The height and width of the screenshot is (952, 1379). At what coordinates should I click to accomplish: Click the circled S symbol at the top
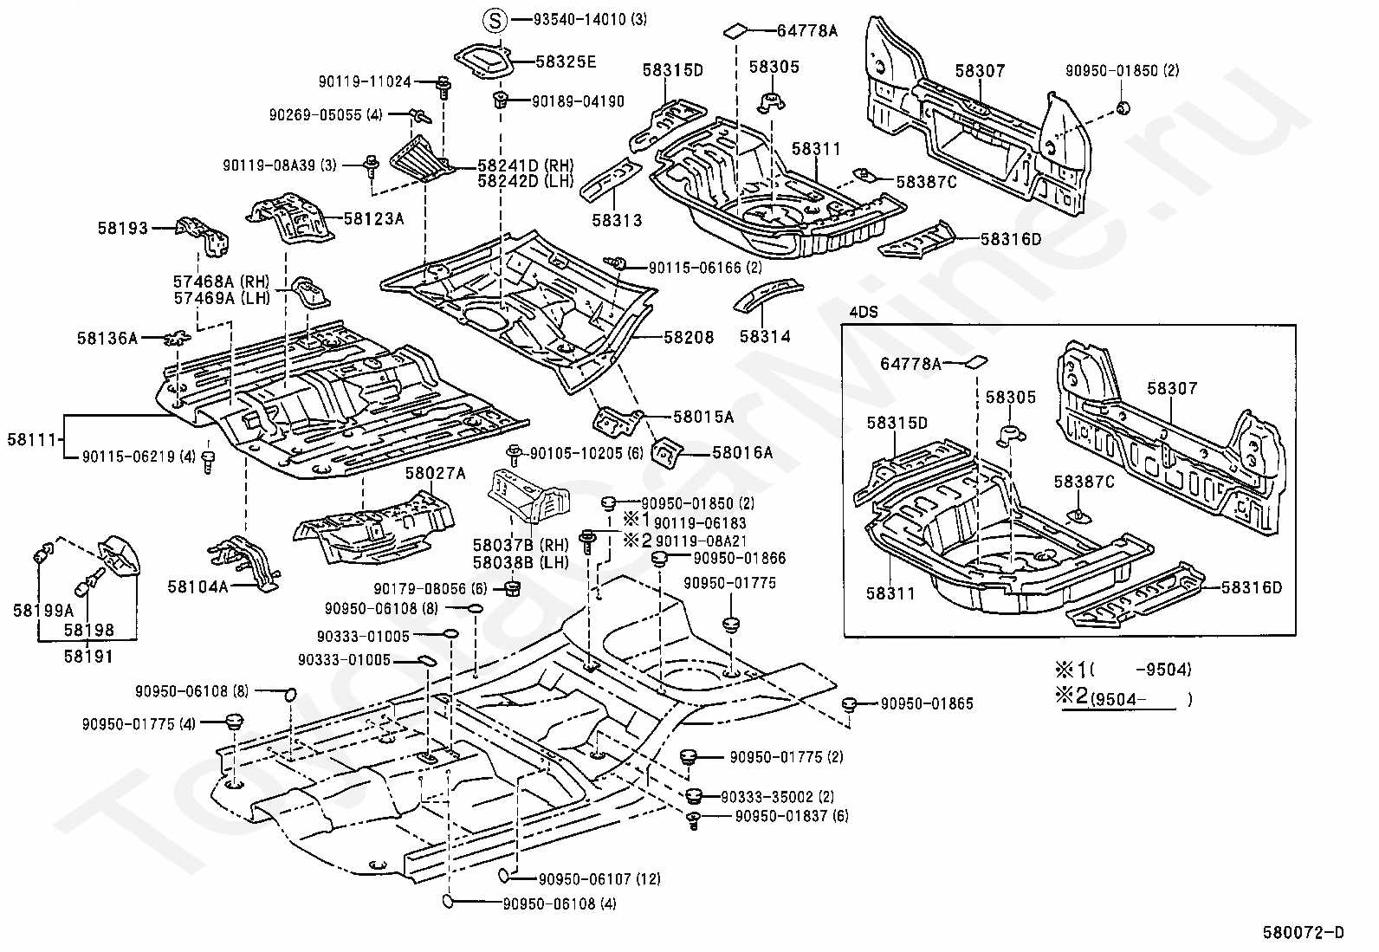point(493,20)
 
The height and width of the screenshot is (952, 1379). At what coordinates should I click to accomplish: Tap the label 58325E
point(566,62)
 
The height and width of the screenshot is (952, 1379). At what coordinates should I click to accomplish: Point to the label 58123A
point(373,219)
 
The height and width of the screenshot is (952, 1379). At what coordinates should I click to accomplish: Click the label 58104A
point(197,586)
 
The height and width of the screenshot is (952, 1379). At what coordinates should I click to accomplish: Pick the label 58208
point(689,338)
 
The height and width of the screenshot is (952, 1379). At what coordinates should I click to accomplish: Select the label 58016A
point(742,451)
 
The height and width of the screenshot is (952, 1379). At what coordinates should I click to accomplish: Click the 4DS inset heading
point(863,313)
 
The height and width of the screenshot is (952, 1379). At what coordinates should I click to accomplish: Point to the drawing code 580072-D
point(1304,932)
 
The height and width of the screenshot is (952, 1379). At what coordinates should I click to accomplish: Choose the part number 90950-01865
point(927,703)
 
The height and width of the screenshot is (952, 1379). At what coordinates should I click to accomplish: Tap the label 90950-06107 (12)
point(599,879)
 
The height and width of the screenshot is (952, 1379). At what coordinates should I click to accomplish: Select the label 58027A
point(435,473)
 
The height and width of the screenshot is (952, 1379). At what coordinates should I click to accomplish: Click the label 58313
point(618,220)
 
